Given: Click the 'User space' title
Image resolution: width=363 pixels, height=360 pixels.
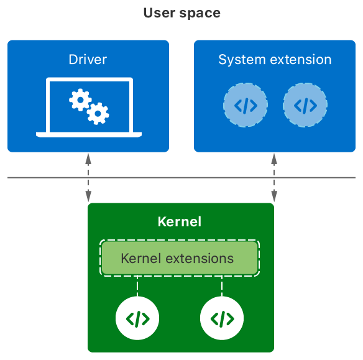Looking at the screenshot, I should pos(181,12).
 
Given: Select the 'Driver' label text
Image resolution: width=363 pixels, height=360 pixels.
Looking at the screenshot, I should pos(88,60).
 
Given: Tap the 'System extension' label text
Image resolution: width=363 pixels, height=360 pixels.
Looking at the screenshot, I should pos(275,60).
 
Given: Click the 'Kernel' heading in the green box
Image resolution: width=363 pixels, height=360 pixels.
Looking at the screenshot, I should pos(180,222).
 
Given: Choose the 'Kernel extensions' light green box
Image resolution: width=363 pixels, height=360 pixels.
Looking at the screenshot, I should pos(180,258).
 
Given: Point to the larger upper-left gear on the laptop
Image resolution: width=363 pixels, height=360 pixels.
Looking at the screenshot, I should pos(80,99).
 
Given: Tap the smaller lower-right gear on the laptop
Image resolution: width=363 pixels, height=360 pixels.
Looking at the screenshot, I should pos(98,113).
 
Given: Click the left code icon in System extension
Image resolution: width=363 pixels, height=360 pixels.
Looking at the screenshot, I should pos(245,105).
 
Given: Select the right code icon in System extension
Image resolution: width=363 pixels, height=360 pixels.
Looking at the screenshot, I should pos(305,105).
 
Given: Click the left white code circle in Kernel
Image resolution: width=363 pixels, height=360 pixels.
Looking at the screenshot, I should pos(137,319).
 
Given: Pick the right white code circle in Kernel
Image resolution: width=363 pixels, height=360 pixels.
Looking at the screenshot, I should pos(222,319).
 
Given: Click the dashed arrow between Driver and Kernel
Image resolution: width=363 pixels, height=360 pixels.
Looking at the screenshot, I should pos(88,177).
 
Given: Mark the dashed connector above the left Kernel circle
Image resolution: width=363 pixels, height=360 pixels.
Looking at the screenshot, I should pos(137,286).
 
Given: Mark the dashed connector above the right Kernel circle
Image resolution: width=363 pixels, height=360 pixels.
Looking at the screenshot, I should pos(222,286).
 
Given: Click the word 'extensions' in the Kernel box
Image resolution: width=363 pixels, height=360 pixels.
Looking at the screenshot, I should pos(204,258).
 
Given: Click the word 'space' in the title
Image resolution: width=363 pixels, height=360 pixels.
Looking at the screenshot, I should pos(200,13).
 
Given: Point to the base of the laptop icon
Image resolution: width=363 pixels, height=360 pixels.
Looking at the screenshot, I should pos(88,134).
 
